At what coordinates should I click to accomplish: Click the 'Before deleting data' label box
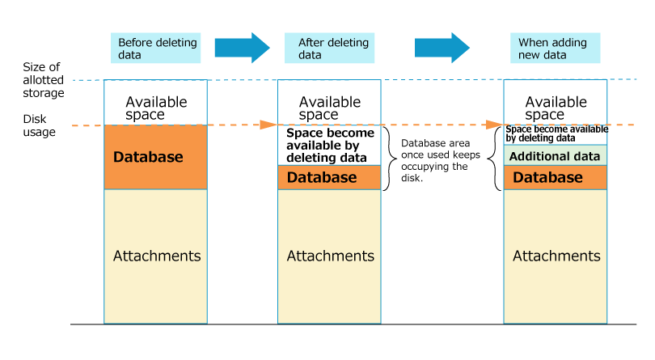(x=154, y=49)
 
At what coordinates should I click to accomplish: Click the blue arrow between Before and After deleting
(x=242, y=48)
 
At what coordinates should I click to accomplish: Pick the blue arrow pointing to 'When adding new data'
(x=442, y=48)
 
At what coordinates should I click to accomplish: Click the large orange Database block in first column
(x=155, y=157)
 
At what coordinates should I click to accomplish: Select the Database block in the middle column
(x=329, y=178)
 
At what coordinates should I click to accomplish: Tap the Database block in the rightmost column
(x=556, y=178)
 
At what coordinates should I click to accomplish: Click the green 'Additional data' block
(x=556, y=155)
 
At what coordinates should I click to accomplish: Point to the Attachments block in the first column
(x=155, y=256)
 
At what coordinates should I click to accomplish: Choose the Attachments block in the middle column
(x=329, y=256)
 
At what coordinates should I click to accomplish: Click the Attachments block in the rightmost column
(x=556, y=256)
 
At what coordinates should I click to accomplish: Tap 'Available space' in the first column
(x=155, y=108)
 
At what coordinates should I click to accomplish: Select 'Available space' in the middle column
(x=329, y=108)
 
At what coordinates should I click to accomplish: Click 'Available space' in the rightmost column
(x=556, y=108)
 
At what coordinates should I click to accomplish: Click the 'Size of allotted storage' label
(x=43, y=80)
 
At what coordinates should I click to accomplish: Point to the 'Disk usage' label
(x=40, y=125)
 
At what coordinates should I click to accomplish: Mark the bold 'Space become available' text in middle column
(x=330, y=145)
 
